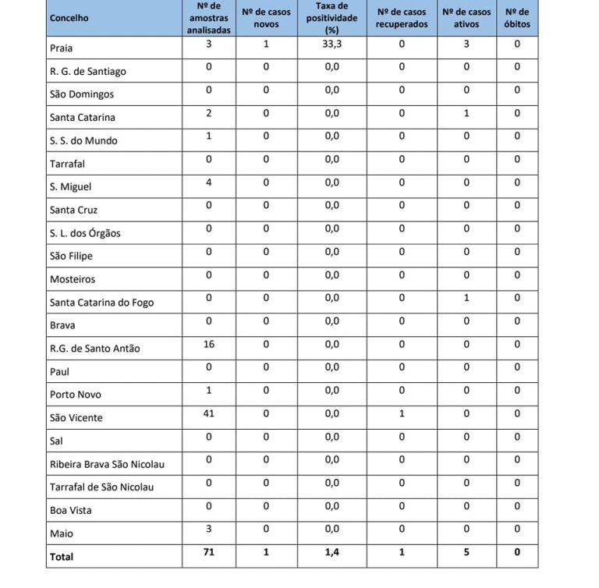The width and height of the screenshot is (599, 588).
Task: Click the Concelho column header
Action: pyautogui.click(x=69, y=18)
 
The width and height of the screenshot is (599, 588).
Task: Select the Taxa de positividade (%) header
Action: pyautogui.click(x=332, y=18)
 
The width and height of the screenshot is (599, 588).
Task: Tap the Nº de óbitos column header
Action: pyautogui.click(x=516, y=18)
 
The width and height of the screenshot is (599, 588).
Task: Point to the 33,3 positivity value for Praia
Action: pyautogui.click(x=332, y=44)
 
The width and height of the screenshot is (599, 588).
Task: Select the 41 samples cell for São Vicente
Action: pyautogui.click(x=208, y=413)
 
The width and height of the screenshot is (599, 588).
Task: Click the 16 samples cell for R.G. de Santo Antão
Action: pyautogui.click(x=208, y=344)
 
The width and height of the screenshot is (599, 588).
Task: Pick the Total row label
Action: pyautogui.click(x=62, y=557)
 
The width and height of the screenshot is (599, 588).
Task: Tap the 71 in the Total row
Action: pyautogui.click(x=208, y=552)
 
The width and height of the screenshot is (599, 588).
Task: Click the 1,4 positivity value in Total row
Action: pyautogui.click(x=332, y=552)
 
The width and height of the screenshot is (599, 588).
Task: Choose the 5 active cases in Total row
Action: pyautogui.click(x=466, y=552)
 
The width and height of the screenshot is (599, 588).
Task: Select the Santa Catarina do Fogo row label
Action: pyautogui.click(x=101, y=303)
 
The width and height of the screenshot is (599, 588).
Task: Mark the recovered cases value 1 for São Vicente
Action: pyautogui.click(x=402, y=413)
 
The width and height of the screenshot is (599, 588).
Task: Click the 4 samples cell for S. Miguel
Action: pyautogui.click(x=208, y=182)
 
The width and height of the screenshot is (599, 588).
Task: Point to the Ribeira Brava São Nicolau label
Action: pyautogui.click(x=106, y=464)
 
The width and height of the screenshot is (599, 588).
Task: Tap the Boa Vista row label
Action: pyautogui.click(x=70, y=511)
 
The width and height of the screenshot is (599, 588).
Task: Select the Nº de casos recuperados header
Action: pyautogui.click(x=402, y=18)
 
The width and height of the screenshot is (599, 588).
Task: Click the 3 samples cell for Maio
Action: pyautogui.click(x=208, y=529)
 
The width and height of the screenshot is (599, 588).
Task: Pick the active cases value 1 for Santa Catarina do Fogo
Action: pyautogui.click(x=466, y=298)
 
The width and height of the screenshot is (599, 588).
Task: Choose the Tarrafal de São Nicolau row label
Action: pyautogui.click(x=101, y=487)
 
